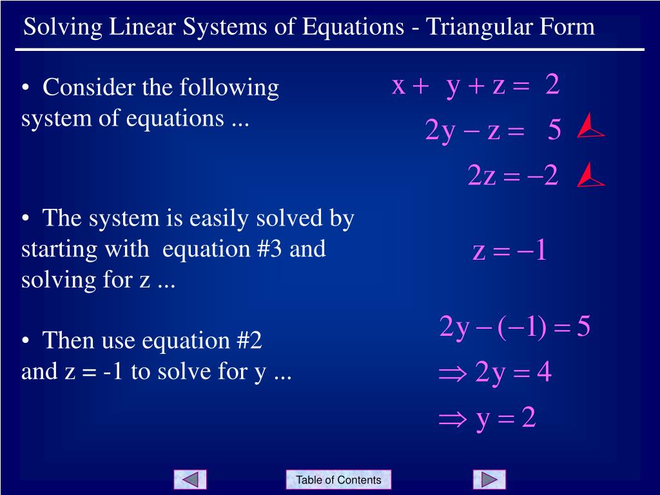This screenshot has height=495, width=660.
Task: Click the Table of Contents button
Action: point(338,480)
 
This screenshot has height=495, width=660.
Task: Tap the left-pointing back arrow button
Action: point(190,480)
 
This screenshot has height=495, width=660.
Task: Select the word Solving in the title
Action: point(63,27)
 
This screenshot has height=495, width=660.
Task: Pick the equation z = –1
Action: point(510,250)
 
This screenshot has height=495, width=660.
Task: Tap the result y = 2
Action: point(506,418)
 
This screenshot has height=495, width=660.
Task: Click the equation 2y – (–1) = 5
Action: point(514,327)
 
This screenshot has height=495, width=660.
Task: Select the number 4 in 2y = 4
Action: point(544,372)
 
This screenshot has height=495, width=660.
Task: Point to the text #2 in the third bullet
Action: point(249,340)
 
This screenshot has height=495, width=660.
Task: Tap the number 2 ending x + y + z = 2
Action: point(552,84)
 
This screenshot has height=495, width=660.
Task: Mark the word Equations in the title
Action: point(353,28)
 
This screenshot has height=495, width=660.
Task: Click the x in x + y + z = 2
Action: point(398,86)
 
